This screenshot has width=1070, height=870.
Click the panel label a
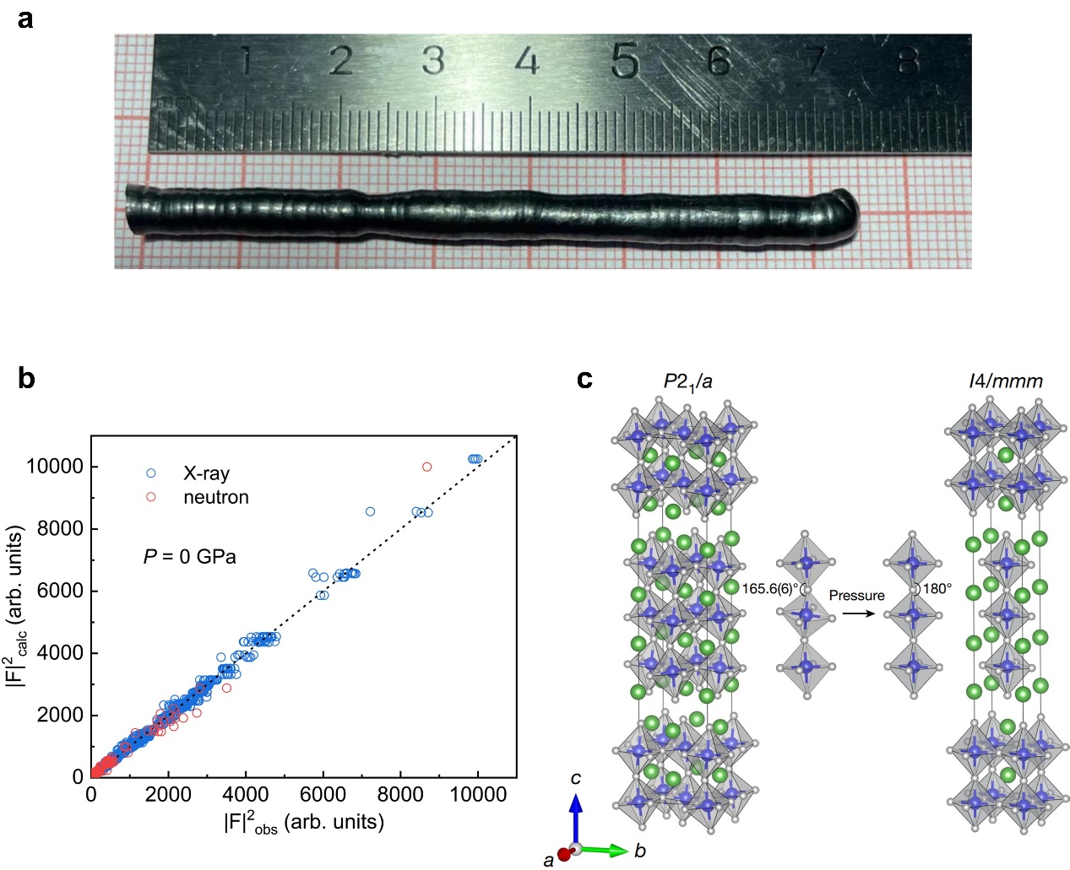pos(25,19)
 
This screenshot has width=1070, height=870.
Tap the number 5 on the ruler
pos(624,62)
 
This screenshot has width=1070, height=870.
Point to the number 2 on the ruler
pos(340,61)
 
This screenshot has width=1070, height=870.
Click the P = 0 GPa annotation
pos(189,557)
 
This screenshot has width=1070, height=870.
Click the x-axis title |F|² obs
pos(304,822)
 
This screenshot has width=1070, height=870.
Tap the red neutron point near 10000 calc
pos(426,467)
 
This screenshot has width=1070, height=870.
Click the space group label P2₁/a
pos(687,381)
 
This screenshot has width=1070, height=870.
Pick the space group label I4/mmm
pos(1005,381)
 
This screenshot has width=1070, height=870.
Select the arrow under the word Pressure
pos(858,613)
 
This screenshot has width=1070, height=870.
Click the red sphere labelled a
pos(564,855)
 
